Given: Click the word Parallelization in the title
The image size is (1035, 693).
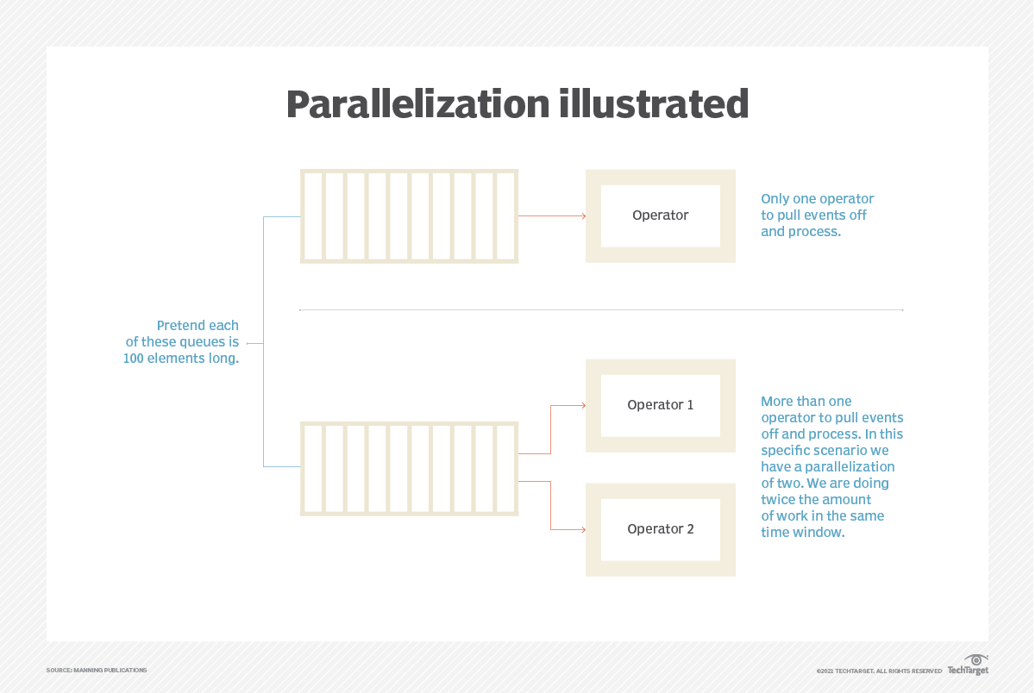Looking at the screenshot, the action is coord(417,104).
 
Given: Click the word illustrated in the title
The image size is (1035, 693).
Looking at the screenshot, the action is coord(654,104).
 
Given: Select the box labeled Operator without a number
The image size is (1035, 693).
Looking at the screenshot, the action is coord(661,216).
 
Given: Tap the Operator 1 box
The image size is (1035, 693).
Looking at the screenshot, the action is coord(661,405).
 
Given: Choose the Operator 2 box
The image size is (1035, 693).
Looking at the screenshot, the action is coord(661,529).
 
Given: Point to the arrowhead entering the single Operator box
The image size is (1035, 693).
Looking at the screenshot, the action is coord(584,215).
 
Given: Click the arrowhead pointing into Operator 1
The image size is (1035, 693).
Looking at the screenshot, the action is coord(584,405).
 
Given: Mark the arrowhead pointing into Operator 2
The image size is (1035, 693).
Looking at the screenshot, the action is coord(584,529).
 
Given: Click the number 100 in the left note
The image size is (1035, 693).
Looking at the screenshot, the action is coord(133,359).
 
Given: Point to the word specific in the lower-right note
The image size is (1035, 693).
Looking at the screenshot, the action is coord(783,451).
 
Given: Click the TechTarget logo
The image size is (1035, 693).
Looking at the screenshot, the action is coord(968,665).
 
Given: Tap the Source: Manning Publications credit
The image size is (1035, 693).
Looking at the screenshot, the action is coord(97,670).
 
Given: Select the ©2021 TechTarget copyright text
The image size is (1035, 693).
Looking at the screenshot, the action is coord(879,671).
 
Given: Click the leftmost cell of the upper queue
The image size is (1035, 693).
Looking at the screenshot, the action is coord(313,216).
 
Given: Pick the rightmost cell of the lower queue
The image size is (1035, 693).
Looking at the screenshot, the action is coord(505,469).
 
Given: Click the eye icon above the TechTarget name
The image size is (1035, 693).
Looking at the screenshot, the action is coord(975,659).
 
